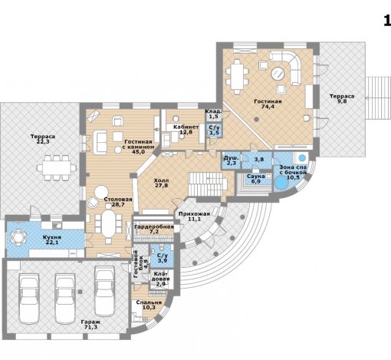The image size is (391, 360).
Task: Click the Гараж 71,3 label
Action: pyautogui.click(x=90, y=325)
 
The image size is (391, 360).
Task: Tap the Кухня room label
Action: pyautogui.click(x=52, y=237)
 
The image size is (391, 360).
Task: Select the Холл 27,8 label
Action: pyautogui.click(x=161, y=183)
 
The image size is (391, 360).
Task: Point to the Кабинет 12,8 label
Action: pyautogui.click(x=186, y=130)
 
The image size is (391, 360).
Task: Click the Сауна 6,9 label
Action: pyautogui.click(x=255, y=179)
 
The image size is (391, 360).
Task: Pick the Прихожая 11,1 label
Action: pyautogui.click(x=194, y=216)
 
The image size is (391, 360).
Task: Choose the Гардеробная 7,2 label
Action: pyautogui.click(x=154, y=230)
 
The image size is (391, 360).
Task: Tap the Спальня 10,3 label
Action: pyautogui.click(x=149, y=305)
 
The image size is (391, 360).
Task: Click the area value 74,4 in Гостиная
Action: pyautogui.click(x=268, y=107)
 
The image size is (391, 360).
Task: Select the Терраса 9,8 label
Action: pyautogui.click(x=342, y=99)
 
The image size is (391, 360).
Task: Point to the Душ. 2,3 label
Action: pyautogui.click(x=232, y=160)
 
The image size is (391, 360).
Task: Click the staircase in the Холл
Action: pyautogui.click(x=208, y=184)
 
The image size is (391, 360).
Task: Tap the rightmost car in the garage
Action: pyautogui.click(x=104, y=291)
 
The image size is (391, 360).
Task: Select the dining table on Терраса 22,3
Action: pyautogui.click(x=57, y=168)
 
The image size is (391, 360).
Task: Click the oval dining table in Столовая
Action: pyautogui.click(x=109, y=223)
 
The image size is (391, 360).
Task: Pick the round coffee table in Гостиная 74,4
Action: pyautogui.click(x=278, y=74)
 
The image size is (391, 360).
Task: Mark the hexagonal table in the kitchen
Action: pyautogui.click(x=18, y=237)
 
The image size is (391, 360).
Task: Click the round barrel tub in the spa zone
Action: pyautogui.click(x=281, y=183)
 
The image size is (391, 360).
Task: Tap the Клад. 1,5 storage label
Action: pyautogui.click(x=213, y=114)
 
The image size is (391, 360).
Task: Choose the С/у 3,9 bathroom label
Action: pyautogui.click(x=163, y=258)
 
